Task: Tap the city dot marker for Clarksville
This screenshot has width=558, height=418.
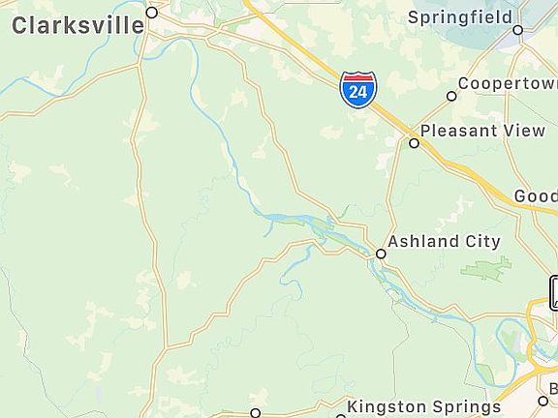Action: click(152, 13)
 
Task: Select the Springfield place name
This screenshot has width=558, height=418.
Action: click(461, 17)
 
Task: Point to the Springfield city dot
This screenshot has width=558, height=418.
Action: click(517, 30)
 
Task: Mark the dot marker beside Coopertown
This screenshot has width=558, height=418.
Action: click(451, 96)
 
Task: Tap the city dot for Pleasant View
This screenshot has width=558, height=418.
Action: click(414, 143)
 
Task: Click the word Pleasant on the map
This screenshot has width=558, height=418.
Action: click(458, 131)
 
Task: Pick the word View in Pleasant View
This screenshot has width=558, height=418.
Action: click(524, 131)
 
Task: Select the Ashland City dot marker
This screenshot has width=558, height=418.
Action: click(381, 254)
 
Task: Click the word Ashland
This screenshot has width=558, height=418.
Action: click(423, 242)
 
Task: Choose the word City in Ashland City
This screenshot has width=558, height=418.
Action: click(482, 242)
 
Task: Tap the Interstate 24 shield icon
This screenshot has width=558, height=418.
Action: click(358, 89)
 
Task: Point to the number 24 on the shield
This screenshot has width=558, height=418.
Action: click(358, 92)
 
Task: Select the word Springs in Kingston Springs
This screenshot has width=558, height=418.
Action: click(464, 407)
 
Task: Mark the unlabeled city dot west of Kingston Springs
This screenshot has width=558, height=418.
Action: click(256, 413)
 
